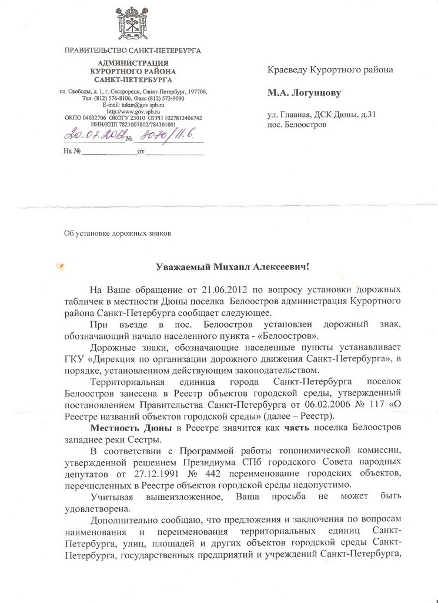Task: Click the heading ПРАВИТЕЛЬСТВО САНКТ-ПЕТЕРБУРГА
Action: pos(132,51)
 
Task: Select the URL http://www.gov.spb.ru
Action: pos(133,111)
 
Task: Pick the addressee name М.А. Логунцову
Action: pos(305,92)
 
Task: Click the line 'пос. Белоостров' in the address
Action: pos(297,125)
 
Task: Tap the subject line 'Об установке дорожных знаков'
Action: pos(117,233)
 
